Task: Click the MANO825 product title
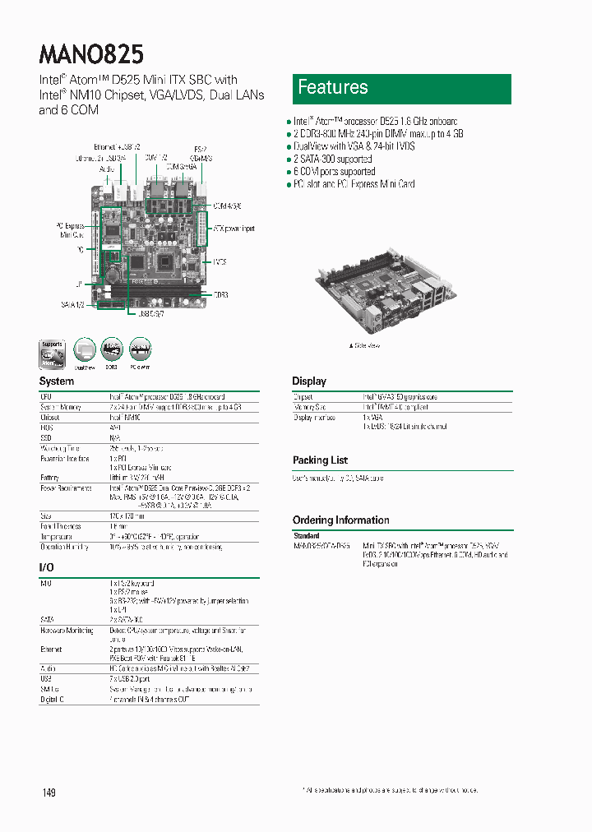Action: pyautogui.click(x=91, y=54)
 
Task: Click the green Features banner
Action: pyautogui.click(x=401, y=89)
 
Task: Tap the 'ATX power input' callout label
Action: pyautogui.click(x=234, y=228)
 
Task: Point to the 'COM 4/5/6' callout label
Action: pyautogui.click(x=227, y=206)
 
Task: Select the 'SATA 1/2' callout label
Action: pyautogui.click(x=72, y=304)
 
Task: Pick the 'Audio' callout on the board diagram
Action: pyautogui.click(x=106, y=168)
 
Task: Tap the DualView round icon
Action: pyautogui.click(x=86, y=351)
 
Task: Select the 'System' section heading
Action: pyautogui.click(x=57, y=381)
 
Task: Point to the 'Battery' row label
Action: pyautogui.click(x=49, y=477)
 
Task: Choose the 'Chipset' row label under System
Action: pyautogui.click(x=50, y=417)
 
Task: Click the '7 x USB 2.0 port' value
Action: pyautogui.click(x=130, y=679)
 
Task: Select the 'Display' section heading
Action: pyautogui.click(x=309, y=381)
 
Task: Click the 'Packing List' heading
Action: pyautogui.click(x=320, y=460)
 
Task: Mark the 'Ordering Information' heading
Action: pyautogui.click(x=340, y=520)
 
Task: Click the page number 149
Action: pyautogui.click(x=49, y=793)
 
